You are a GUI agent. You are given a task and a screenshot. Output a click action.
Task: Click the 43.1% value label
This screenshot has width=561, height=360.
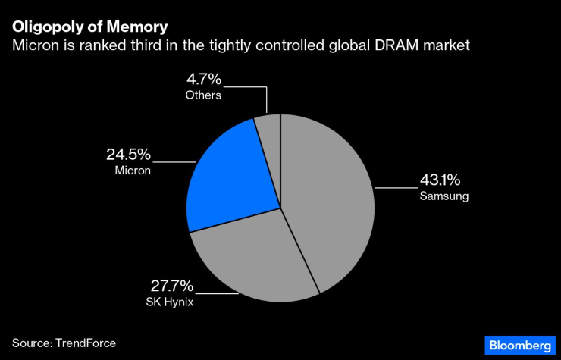(440, 181)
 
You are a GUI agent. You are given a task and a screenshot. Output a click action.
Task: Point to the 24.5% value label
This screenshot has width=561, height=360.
(128, 155)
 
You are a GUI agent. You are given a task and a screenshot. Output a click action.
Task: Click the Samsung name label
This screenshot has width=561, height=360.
(444, 196)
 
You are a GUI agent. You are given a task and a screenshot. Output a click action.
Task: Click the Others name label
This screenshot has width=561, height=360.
(203, 95)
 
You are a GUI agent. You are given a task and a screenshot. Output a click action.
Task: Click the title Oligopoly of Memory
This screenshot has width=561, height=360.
(90, 28)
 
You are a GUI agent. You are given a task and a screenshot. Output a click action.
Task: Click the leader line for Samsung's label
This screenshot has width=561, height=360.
(394, 187)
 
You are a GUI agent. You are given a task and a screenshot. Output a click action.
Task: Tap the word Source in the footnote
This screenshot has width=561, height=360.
(31, 343)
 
